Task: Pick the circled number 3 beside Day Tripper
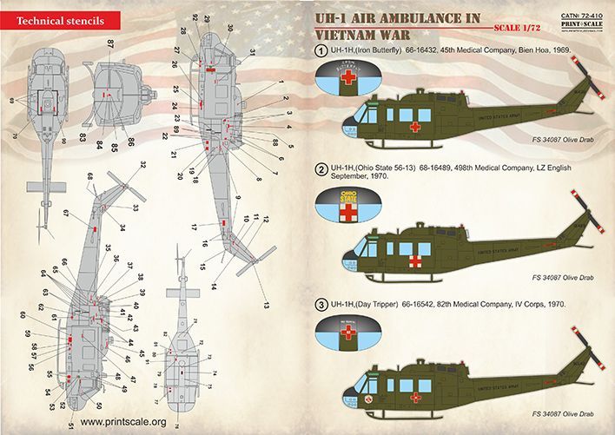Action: click(321, 306)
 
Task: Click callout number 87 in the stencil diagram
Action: click(110, 43)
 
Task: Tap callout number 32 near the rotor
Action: click(142, 164)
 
